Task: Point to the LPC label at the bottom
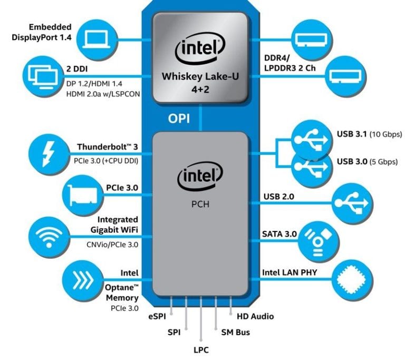click(201, 348)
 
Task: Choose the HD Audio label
click(255, 316)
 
